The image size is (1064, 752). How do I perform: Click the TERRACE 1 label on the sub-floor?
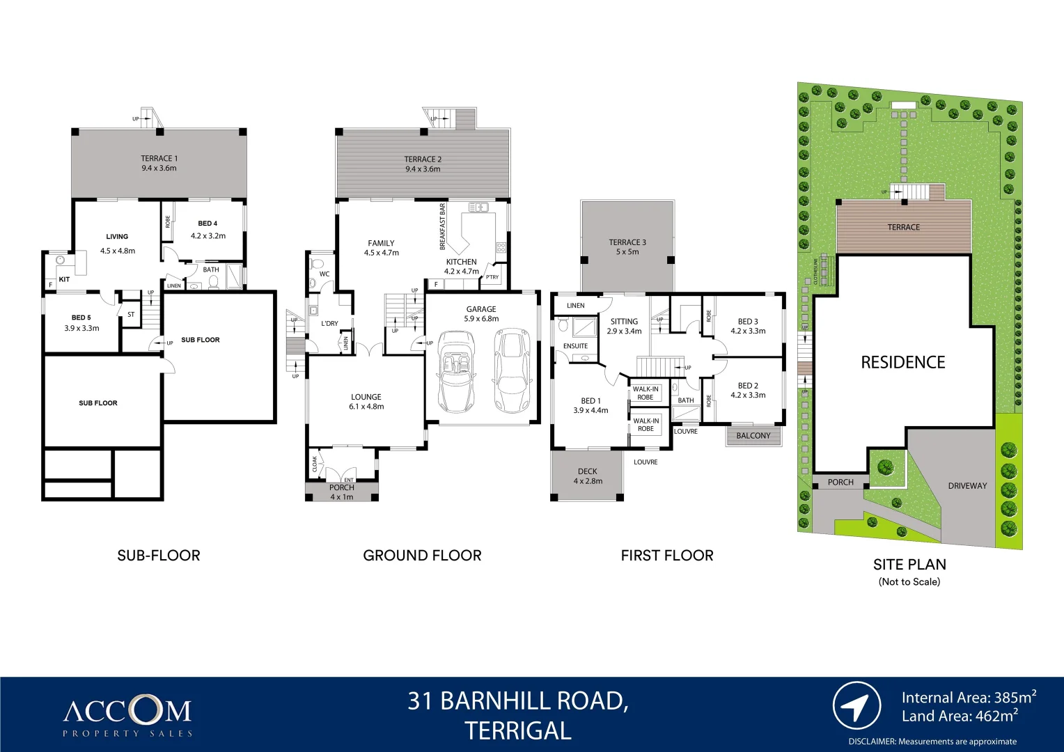tap(159, 159)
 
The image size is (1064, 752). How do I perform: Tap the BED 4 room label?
tap(208, 224)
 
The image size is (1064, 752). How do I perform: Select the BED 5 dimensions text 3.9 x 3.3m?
tap(81, 328)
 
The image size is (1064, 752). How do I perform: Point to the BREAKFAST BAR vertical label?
tap(442, 227)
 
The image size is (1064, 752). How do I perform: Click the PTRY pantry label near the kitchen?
tap(492, 277)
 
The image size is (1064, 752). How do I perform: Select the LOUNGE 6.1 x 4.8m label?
tap(366, 402)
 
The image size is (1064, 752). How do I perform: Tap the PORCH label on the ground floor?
tap(341, 487)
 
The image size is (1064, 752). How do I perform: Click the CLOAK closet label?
tap(315, 464)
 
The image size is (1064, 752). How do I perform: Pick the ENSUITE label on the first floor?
tap(575, 346)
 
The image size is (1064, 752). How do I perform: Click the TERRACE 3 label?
tap(627, 242)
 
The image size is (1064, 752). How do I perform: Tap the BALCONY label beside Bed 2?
tap(753, 436)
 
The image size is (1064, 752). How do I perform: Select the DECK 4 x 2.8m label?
tap(588, 476)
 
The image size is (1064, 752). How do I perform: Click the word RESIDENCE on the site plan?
tap(902, 362)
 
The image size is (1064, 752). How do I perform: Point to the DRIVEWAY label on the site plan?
tap(967, 486)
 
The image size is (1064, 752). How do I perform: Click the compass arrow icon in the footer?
tap(856, 706)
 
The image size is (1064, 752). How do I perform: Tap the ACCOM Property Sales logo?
tap(127, 716)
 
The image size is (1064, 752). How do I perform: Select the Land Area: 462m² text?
tap(959, 716)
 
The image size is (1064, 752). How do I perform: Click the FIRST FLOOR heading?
tap(666, 556)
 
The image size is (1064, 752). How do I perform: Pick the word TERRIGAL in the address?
tap(517, 730)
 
